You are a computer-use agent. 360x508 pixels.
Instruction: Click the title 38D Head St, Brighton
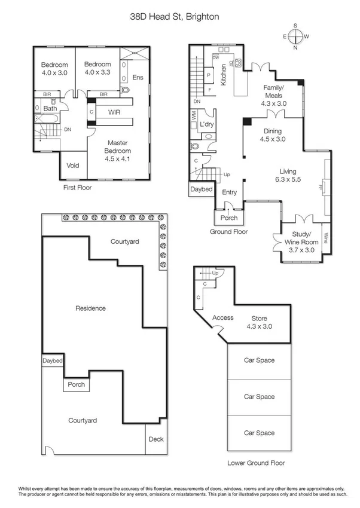pyautogui.click(x=175, y=18)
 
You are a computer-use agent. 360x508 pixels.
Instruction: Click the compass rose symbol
pyautogui.click(x=295, y=36)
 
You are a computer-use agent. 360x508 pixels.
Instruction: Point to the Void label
pyautogui.click(x=73, y=166)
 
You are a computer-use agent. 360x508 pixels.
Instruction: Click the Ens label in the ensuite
pyautogui.click(x=138, y=77)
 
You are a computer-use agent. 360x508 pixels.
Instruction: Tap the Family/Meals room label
pyautogui.click(x=274, y=95)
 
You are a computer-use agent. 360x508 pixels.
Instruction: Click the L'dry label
pyautogui.click(x=207, y=124)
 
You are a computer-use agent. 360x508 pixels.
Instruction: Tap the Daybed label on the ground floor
pyautogui.click(x=201, y=189)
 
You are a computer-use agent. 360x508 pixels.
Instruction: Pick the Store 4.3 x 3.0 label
pyautogui.click(x=259, y=322)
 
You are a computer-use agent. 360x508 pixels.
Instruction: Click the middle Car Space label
pyautogui.click(x=259, y=397)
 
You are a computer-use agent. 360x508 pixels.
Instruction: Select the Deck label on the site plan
pyautogui.click(x=155, y=439)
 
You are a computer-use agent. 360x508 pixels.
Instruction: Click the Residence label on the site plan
pyautogui.click(x=90, y=308)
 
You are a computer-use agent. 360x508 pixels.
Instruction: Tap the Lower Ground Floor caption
pyautogui.click(x=256, y=463)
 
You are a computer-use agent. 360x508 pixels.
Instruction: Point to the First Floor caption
pyautogui.click(x=79, y=187)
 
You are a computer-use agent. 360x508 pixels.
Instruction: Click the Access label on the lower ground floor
pyautogui.click(x=222, y=318)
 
